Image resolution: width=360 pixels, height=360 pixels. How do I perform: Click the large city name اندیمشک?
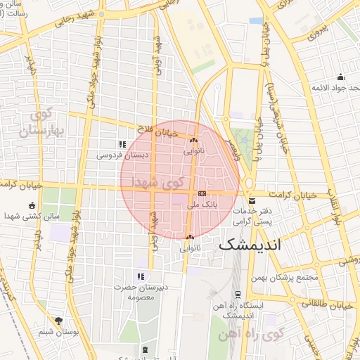259,246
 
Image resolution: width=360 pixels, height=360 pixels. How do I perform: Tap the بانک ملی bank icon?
202,193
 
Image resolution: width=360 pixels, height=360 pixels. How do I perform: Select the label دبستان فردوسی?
121,154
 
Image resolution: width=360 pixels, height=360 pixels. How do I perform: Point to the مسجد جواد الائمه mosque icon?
341,77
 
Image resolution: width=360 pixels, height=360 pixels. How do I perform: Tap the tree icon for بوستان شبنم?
58,321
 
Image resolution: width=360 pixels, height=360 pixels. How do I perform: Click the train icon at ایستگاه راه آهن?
238,295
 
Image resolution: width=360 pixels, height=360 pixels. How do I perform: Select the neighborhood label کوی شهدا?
148,181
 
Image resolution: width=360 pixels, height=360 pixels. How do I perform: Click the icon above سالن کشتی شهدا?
32,205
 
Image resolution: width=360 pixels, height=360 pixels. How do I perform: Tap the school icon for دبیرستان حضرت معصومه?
141,276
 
